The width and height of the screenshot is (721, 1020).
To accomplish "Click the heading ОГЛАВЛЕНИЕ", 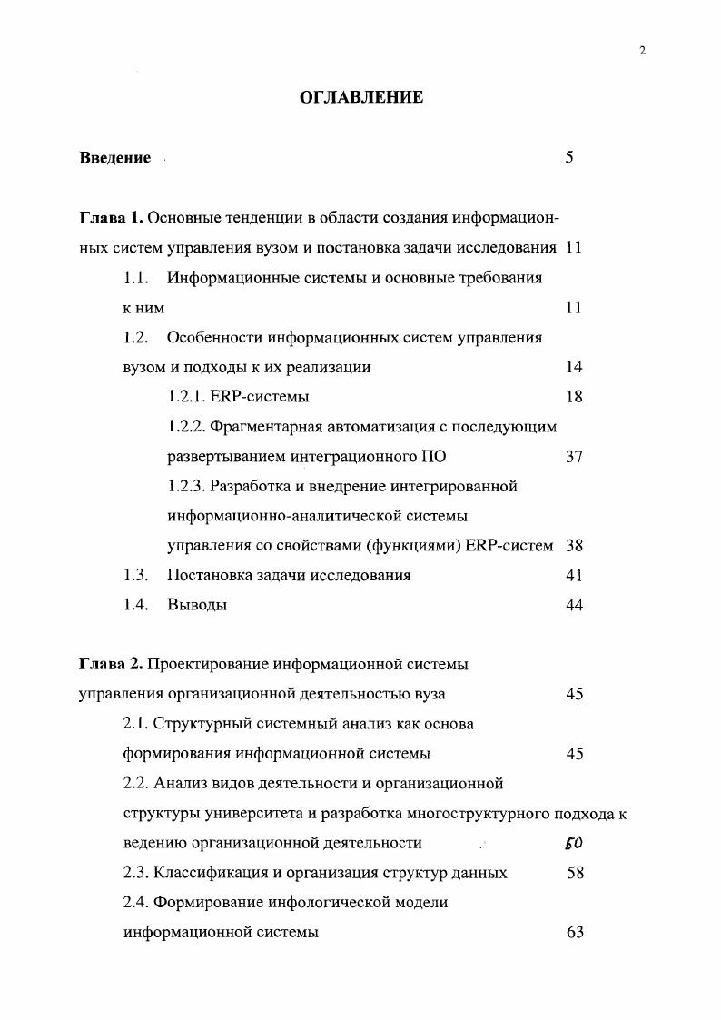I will pos(361,97).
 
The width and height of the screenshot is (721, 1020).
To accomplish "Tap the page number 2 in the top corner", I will pos(641,52).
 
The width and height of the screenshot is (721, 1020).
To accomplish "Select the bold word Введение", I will pos(114,158).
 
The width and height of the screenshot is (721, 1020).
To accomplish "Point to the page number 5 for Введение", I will pos(569,158).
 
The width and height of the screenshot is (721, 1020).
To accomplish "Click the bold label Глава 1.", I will pos(111,218).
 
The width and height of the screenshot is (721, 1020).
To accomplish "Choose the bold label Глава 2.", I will pos(111,664).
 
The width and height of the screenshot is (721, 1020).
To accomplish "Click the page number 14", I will pos(573,367).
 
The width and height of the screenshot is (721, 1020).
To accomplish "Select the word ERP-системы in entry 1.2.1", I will pos(265,397).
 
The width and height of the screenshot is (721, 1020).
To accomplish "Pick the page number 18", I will pos(573,397).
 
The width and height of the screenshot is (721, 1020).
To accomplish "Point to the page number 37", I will pos(573,457).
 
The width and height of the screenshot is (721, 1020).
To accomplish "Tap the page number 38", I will pos(573,546).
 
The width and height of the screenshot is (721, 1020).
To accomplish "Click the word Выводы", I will pos(197,606).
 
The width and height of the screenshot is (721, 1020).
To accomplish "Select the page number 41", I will pos(573,576).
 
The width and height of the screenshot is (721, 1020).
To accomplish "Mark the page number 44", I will pos(573,606).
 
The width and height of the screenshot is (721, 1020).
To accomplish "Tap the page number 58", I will pos(573,873).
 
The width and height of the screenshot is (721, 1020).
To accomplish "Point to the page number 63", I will pos(573,933).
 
